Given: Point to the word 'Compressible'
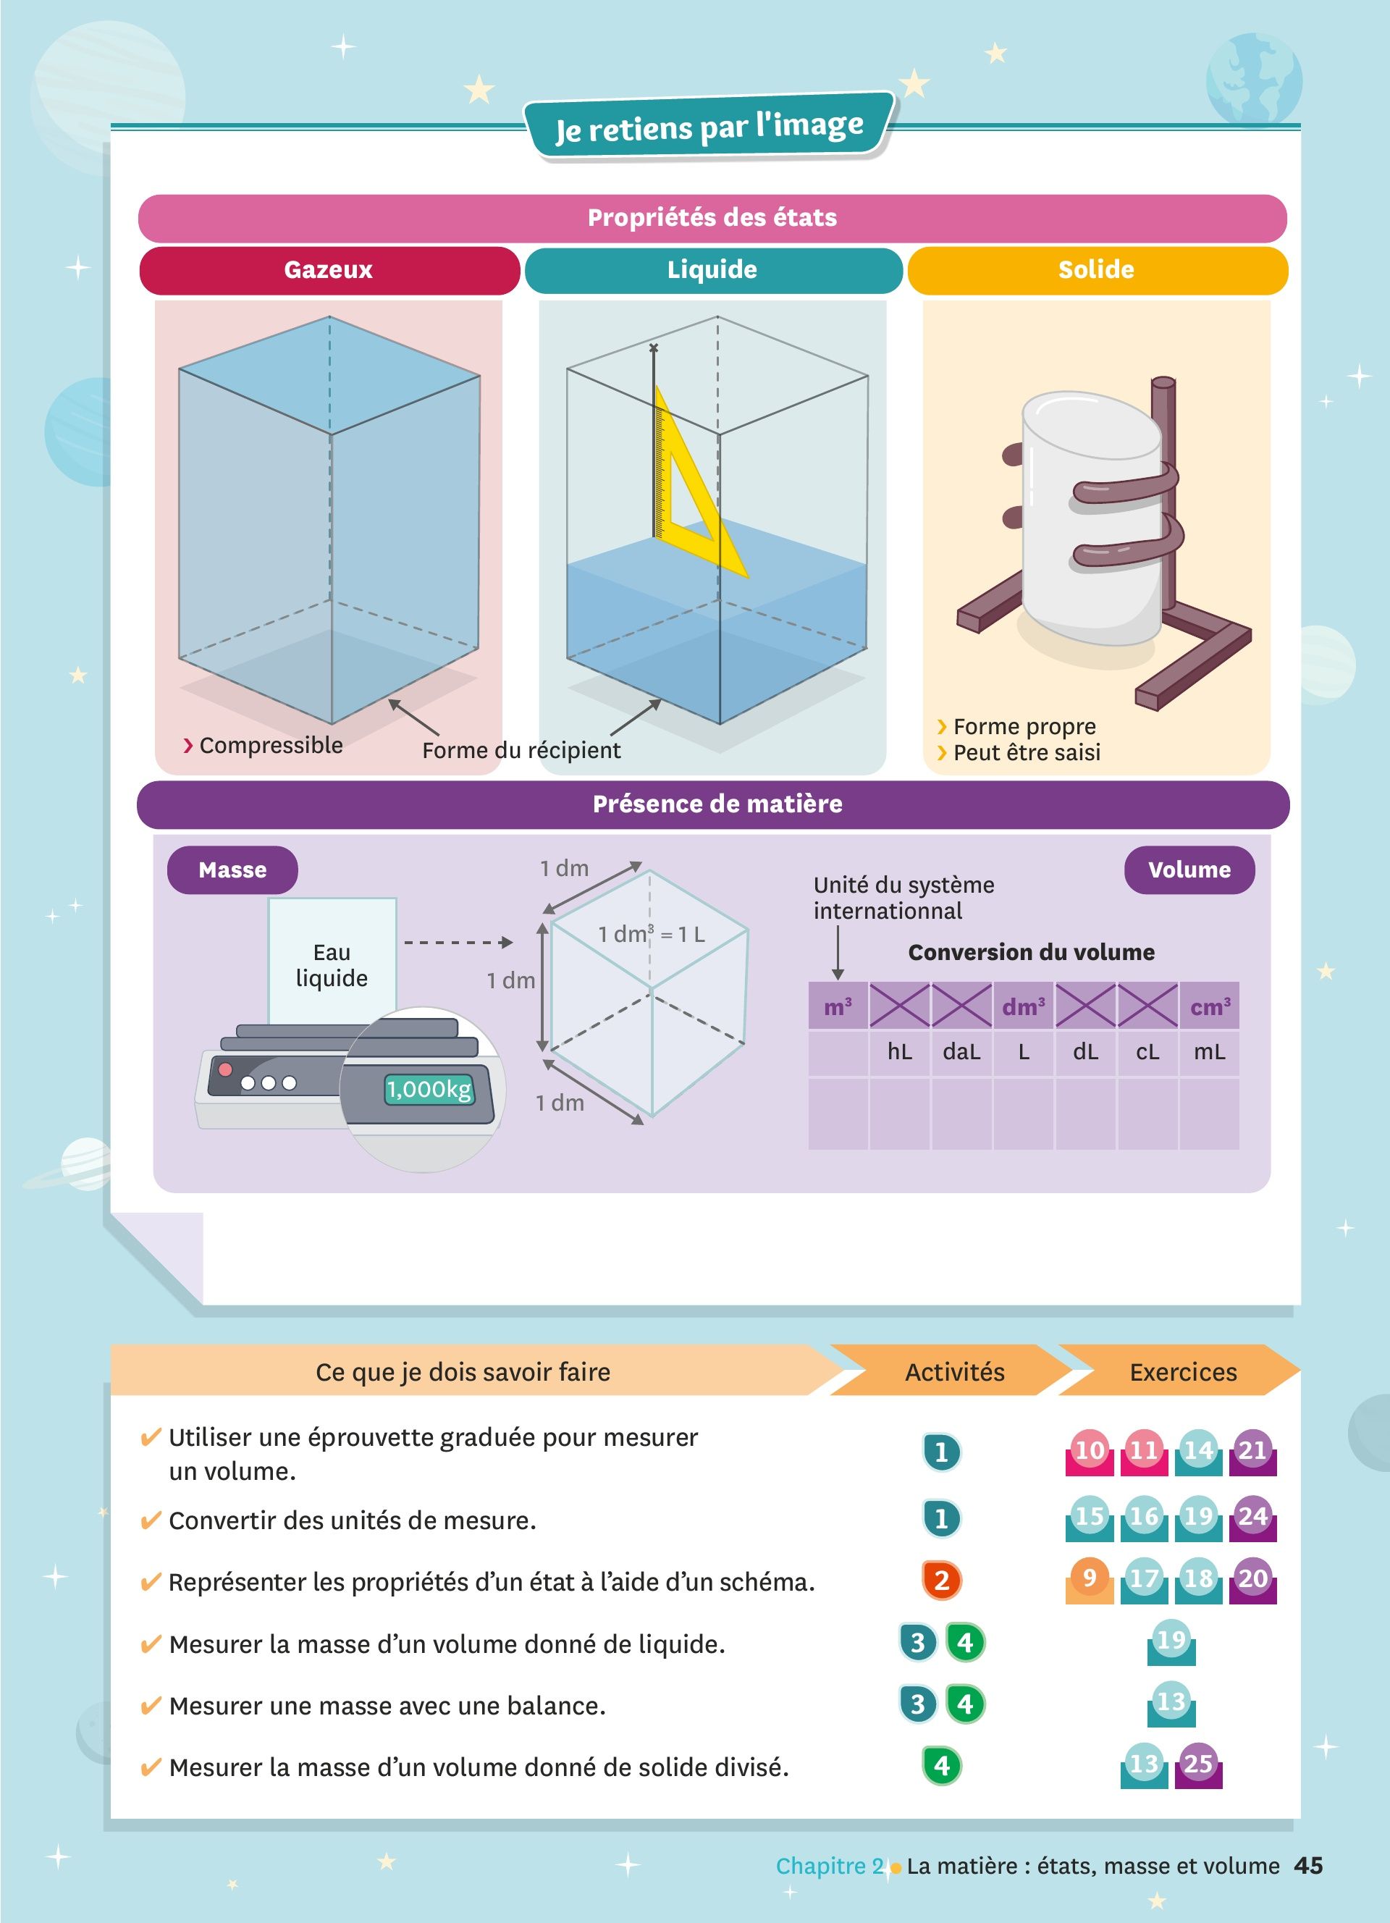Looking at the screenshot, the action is tap(271, 745).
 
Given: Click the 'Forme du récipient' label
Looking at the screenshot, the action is tap(521, 750).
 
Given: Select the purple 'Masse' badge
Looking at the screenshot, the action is tap(232, 870).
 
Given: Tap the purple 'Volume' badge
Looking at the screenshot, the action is tap(1189, 870).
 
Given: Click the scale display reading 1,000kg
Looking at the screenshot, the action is tap(429, 1090).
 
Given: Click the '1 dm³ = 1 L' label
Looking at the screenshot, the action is tap(651, 935).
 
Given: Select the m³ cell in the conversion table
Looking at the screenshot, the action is tap(838, 1006).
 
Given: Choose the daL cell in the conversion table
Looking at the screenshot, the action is tap(961, 1052).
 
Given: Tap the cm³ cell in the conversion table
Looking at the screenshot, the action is tap(1210, 1006).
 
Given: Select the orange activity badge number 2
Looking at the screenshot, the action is tap(942, 1580).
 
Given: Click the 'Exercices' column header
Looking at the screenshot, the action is tap(1183, 1372).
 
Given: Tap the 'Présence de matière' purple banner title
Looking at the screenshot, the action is tap(717, 804).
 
